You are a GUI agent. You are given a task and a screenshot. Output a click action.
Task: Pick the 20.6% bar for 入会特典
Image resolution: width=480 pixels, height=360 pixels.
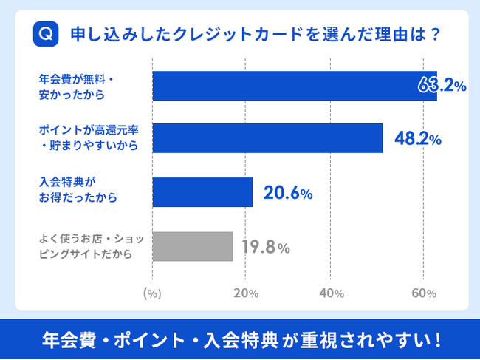202,192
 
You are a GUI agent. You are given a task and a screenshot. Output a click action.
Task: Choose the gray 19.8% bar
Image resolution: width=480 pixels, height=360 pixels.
192,246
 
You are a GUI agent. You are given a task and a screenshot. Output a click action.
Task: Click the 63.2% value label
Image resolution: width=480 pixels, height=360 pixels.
441,86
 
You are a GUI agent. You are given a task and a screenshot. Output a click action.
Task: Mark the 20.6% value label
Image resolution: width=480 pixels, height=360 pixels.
288,193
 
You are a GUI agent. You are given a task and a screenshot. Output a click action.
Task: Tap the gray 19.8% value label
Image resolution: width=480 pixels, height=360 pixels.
267,247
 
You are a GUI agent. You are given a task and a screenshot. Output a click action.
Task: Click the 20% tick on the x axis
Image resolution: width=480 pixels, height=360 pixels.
245,293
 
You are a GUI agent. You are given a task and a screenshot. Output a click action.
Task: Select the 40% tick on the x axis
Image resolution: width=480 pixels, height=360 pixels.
332,293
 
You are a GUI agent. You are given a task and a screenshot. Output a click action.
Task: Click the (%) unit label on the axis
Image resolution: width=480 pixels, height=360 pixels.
151,293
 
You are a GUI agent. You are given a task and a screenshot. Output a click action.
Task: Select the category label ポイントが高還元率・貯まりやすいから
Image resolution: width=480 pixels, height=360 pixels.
89,137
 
